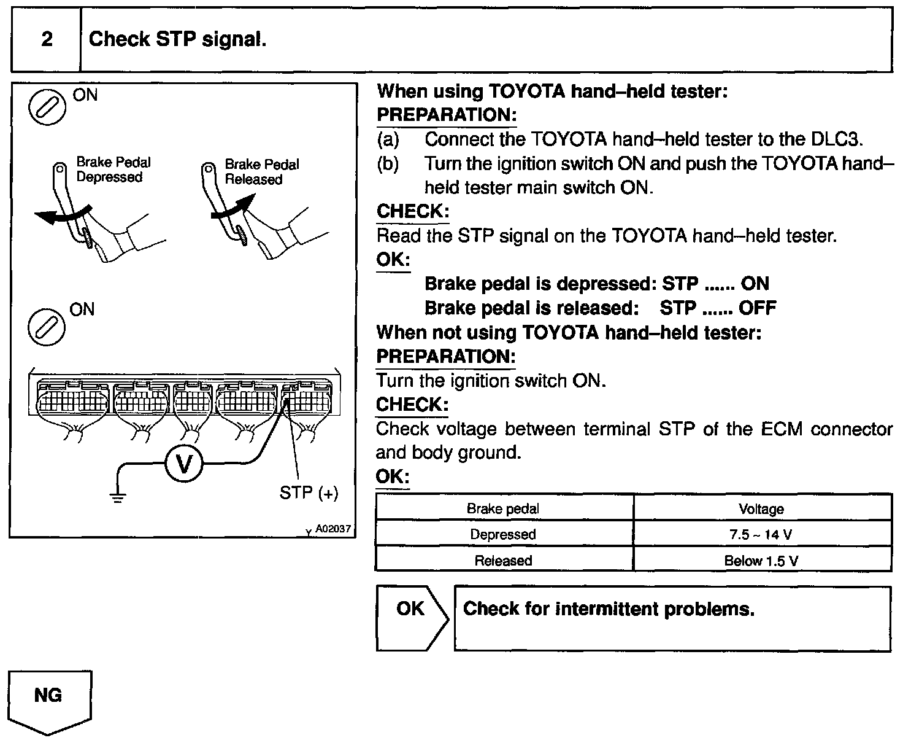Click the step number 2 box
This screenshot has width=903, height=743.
coord(47,40)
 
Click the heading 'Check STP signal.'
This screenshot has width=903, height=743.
coord(177,40)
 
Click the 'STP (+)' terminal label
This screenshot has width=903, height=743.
coord(309,492)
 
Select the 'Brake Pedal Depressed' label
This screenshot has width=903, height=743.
coord(113,169)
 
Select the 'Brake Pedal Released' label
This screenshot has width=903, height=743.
coord(261,172)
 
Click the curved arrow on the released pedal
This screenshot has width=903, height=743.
coord(233,206)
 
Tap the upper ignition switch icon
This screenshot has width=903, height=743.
coord(47,107)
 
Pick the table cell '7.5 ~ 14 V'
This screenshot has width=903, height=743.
coord(761,534)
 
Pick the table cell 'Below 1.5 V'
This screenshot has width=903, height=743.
coord(761,560)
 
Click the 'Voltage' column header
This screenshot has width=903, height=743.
coord(761,508)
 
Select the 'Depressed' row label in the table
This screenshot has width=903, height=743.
coord(503,534)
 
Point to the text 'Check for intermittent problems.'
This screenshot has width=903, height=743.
coord(609,609)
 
